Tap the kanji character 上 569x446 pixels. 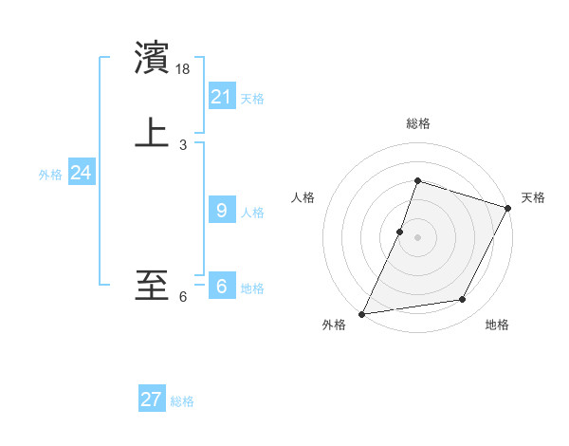tap(152, 133)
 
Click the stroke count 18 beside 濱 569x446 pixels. tap(184, 69)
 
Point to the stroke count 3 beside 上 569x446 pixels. tap(183, 144)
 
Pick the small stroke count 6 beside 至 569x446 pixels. tap(183, 297)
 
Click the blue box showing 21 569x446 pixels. tap(222, 96)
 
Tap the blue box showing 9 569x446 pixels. tap(222, 210)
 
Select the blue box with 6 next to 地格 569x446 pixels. tap(222, 286)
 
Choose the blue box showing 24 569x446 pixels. tap(81, 173)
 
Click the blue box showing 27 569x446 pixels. tap(152, 400)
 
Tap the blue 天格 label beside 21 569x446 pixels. tap(252, 99)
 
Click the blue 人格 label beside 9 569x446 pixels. tap(252, 213)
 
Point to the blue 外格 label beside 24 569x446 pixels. tap(50, 175)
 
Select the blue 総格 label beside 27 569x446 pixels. tap(182, 401)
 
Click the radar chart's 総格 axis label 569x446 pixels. tap(417, 123)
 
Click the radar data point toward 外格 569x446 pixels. tap(361, 313)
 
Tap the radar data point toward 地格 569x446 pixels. tap(463, 300)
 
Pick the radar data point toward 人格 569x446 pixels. tap(400, 232)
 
